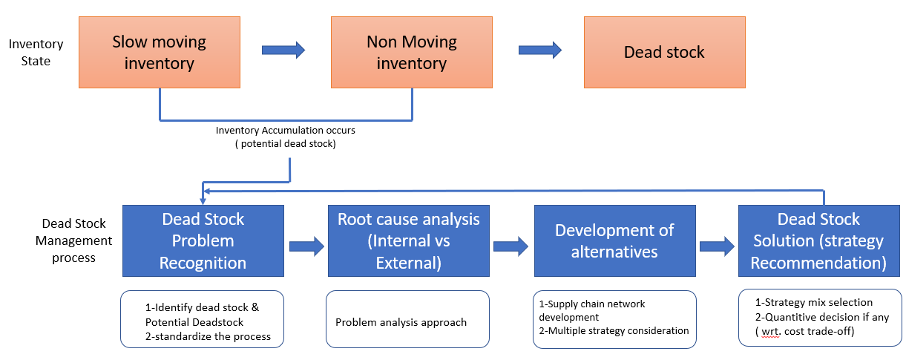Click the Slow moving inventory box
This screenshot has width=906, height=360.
point(160,52)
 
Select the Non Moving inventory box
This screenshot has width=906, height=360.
point(412,52)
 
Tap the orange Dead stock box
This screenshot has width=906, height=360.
point(665,52)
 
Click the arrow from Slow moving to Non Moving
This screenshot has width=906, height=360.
point(283,50)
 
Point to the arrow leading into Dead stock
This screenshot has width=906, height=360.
point(540,50)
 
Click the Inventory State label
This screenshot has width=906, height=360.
point(36,52)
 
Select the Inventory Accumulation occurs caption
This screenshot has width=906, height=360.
point(285,137)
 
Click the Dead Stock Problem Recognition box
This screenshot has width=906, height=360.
point(203,240)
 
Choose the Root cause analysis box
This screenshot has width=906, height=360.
point(409,240)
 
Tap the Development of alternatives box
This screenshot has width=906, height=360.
point(615,240)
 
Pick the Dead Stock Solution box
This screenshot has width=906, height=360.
point(819,240)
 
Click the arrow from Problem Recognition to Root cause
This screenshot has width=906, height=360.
point(306,246)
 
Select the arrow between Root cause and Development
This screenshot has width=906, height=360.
point(511,246)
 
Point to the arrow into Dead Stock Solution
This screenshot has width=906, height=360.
point(717,246)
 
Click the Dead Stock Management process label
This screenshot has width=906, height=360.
point(73,240)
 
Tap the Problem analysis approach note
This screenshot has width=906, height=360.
point(401,322)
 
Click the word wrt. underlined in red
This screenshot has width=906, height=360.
point(771,332)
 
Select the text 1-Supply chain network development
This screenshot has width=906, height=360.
point(591,310)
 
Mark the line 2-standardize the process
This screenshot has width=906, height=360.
point(208,336)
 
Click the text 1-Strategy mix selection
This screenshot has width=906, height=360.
point(814,302)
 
